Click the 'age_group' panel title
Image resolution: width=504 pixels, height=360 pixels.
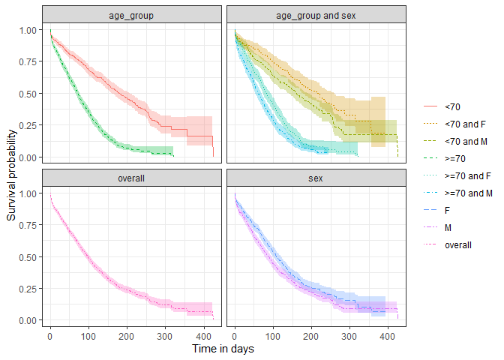point(132,15)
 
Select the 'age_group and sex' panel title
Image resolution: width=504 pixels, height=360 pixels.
point(316,15)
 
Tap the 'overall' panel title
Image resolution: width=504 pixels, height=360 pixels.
point(132,178)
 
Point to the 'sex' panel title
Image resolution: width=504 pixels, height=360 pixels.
point(316,178)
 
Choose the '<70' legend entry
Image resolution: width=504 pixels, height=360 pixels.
point(451,107)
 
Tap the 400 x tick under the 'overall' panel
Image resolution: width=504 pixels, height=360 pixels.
point(204,335)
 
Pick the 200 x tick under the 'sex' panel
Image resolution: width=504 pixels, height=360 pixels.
point(311,335)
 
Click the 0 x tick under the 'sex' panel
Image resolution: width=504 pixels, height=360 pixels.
point(235,335)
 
